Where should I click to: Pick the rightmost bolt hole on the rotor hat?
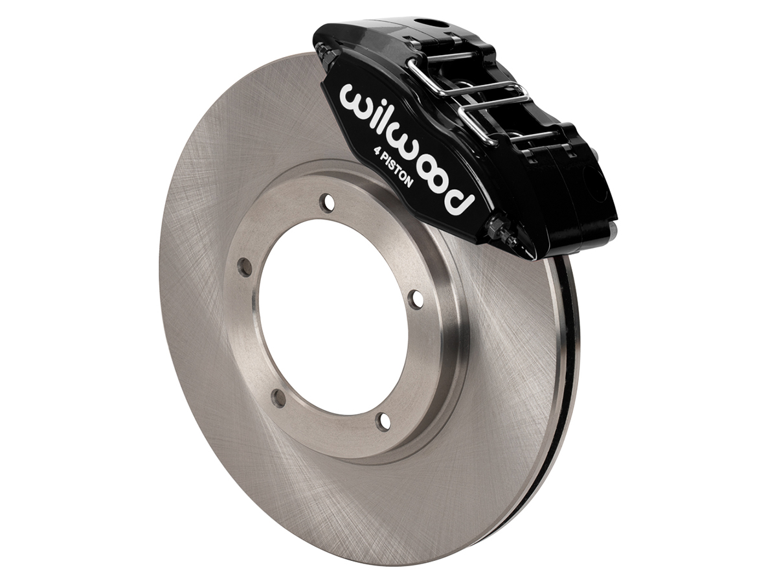click(x=417, y=298)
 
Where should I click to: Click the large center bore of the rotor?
click(x=330, y=311)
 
